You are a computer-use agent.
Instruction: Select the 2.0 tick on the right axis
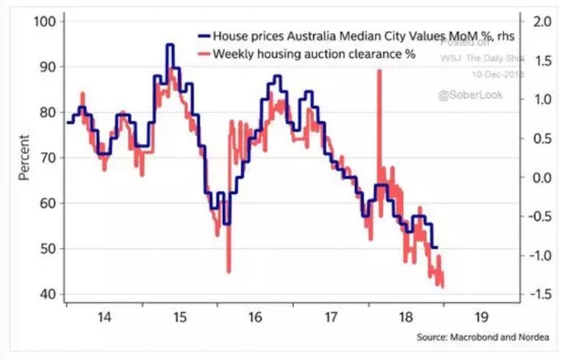542,22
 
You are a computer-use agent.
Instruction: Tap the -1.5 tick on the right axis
540,294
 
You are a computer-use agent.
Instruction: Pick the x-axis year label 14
105,317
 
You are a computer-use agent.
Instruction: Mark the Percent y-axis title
25,157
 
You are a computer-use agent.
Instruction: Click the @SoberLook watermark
470,95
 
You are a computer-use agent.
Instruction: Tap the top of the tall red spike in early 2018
379,70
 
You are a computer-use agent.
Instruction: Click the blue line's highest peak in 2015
170,45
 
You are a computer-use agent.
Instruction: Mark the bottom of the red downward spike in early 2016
228,272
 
